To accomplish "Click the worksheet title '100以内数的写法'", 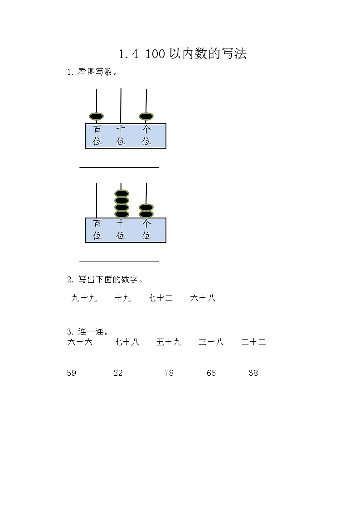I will (182, 54).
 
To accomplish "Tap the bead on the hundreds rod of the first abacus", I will (97, 116).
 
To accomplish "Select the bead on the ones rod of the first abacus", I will (146, 116).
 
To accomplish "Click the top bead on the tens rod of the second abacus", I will (121, 193).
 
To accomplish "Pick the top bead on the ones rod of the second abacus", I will (146, 208).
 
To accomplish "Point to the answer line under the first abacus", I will (119, 167).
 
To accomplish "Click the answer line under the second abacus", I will (119, 261).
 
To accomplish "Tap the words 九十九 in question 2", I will (84, 298).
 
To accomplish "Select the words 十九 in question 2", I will (122, 298).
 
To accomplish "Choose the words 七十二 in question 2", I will (160, 298).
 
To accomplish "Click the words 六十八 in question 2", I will (203, 298).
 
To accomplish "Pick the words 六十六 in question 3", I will (80, 342).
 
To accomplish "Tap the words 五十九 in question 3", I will (169, 342).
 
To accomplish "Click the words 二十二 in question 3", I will (253, 342).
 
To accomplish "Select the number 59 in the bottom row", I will (72, 373).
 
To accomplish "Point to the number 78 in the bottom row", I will (169, 373).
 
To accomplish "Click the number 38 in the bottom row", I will (253, 373).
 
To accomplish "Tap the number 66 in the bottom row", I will (211, 373).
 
